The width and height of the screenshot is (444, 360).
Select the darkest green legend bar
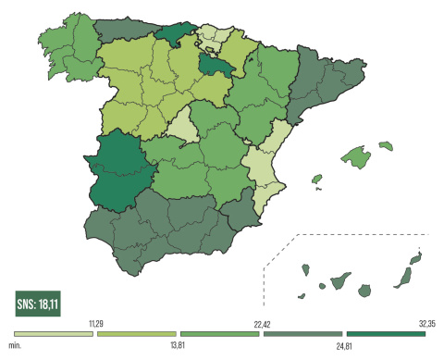click(x=385, y=333)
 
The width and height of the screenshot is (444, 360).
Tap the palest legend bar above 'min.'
click(x=54, y=333)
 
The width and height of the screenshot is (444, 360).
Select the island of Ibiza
click(x=315, y=179)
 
